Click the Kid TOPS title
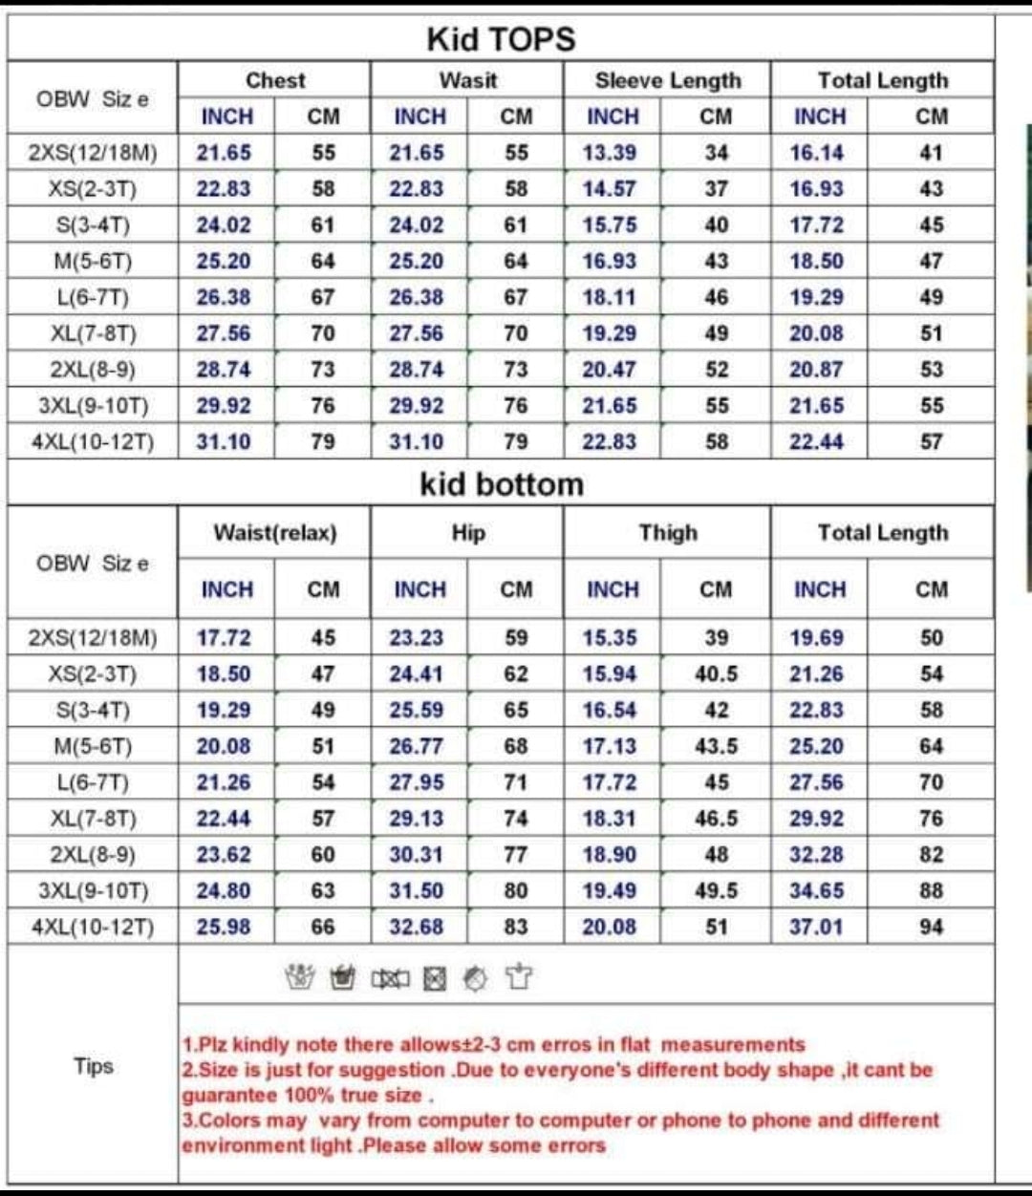[501, 39]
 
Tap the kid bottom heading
[501, 484]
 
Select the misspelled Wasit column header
[467, 81]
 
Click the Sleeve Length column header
[667, 81]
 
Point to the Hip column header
[467, 533]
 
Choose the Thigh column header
[667, 533]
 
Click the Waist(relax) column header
[274, 533]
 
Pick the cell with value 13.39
[610, 153]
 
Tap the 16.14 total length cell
[816, 153]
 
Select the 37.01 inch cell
[816, 927]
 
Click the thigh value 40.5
[716, 674]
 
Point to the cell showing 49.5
[716, 890]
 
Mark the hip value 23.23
[416, 638]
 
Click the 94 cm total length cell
[931, 927]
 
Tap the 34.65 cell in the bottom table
[816, 890]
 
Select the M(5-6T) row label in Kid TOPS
[93, 262]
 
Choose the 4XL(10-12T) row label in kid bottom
[93, 927]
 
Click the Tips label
[93, 1066]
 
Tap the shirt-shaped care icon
[518, 976]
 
